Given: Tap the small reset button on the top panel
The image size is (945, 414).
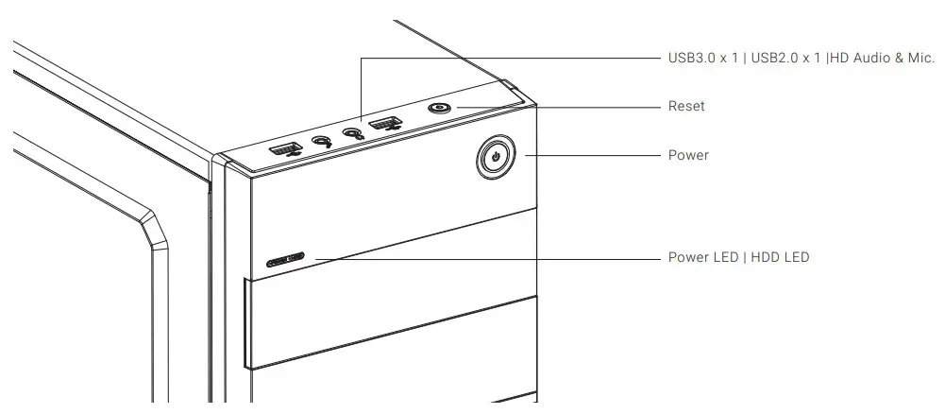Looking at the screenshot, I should coord(438,108).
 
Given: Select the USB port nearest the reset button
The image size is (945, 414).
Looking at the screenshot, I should coord(384,124).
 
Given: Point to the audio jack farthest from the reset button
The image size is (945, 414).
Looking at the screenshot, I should coord(322,141).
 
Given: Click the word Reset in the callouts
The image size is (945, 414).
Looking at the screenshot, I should coord(686,107).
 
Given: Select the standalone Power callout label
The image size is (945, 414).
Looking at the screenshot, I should coord(688,155).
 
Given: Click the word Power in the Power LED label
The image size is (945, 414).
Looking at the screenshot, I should coord(688,257).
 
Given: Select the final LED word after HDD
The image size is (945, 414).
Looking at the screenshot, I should coord(797,257).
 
